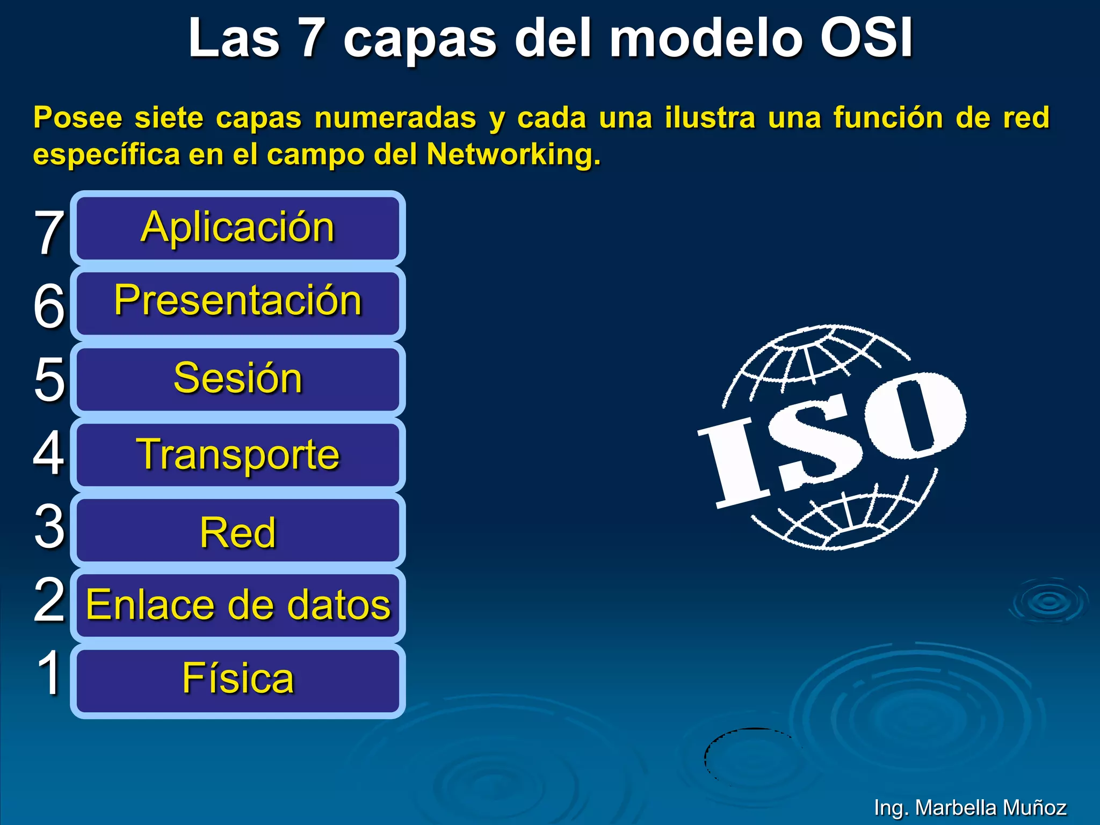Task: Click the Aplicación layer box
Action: click(x=237, y=228)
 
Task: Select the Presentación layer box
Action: click(x=237, y=303)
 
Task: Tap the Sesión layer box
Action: click(x=237, y=379)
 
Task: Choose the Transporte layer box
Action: click(x=237, y=455)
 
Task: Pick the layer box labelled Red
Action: click(x=237, y=531)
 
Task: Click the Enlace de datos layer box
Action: click(x=237, y=605)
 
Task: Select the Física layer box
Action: click(x=237, y=681)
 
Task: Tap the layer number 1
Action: click(x=50, y=672)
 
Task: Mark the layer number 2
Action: click(x=49, y=600)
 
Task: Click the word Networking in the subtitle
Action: click(x=513, y=155)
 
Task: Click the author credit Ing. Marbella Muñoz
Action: click(x=969, y=807)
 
